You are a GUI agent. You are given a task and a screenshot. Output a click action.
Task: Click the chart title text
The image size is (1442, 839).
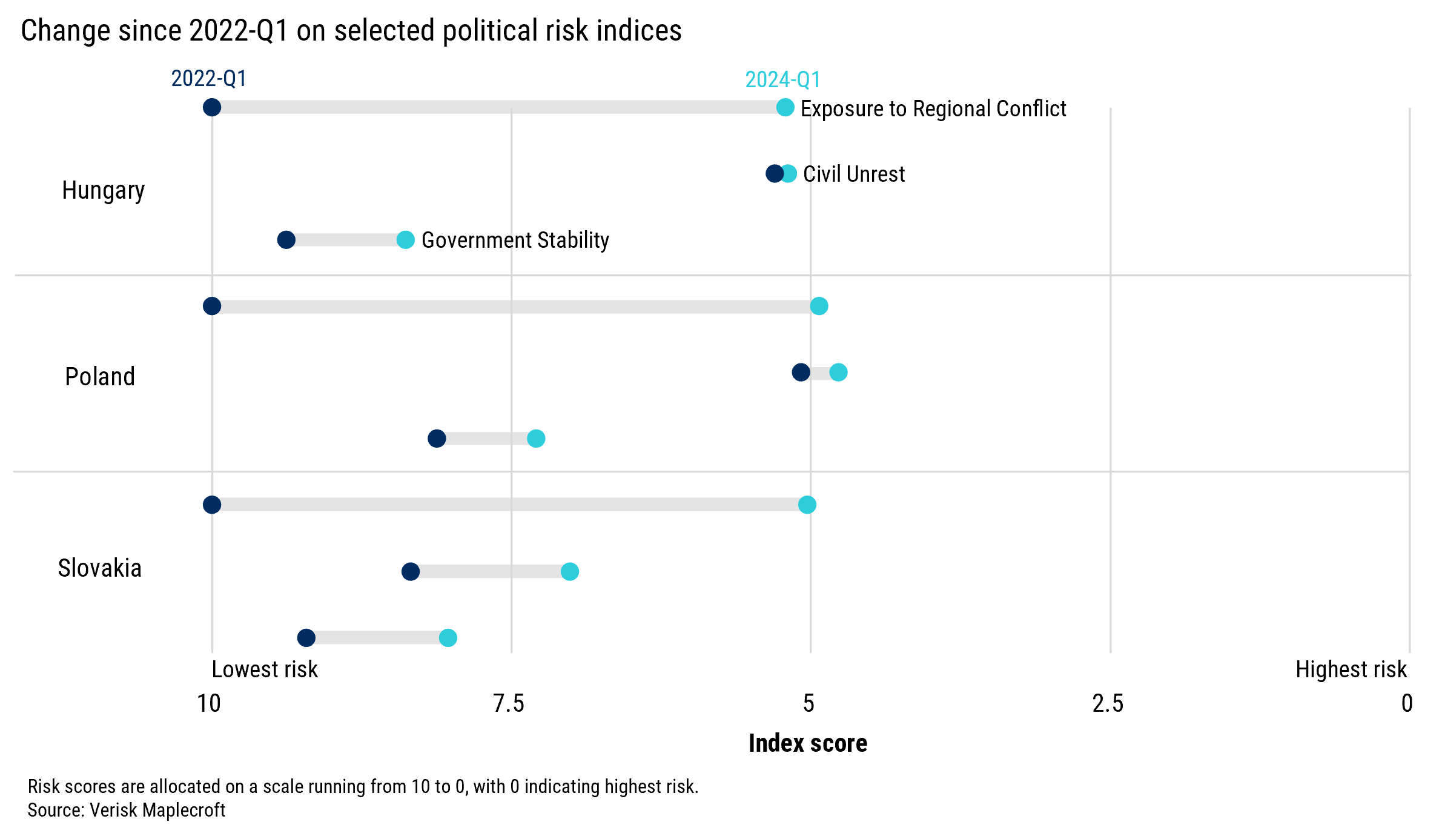click(351, 30)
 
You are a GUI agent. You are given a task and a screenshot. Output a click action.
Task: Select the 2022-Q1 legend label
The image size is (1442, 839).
click(208, 78)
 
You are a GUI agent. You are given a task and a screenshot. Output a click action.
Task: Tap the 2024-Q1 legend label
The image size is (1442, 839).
click(782, 79)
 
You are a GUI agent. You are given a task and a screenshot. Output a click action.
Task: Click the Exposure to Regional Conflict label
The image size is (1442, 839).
click(933, 109)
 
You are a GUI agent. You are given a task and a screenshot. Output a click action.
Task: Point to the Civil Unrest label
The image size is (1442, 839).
click(853, 174)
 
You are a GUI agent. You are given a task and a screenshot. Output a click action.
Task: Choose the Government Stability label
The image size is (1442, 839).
click(515, 240)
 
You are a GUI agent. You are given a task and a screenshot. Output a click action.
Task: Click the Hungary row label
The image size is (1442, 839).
click(103, 190)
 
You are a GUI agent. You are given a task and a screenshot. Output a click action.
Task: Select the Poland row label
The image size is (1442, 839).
click(100, 377)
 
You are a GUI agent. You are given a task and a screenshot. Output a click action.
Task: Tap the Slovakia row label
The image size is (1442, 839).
click(99, 568)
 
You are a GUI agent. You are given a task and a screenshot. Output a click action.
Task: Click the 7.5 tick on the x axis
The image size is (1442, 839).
click(509, 704)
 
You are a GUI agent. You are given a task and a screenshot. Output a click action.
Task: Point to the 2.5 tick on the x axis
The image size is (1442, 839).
click(1108, 704)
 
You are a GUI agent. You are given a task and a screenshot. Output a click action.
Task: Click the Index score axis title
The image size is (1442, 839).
click(807, 743)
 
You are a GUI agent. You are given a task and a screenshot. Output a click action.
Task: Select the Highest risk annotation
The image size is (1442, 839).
click(1351, 669)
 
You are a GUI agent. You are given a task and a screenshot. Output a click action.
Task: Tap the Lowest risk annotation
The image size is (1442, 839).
click(264, 669)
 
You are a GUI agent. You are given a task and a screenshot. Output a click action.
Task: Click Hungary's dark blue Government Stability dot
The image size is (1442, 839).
click(286, 240)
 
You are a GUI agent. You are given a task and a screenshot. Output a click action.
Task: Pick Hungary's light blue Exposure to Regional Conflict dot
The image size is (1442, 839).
click(785, 108)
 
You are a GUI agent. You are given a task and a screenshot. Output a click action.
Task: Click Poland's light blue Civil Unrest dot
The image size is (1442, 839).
click(838, 372)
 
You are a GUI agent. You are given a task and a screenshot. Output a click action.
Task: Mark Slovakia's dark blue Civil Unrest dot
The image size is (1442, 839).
click(411, 571)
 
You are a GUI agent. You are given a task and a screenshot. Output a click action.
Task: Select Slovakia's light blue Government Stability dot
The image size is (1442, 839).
click(448, 638)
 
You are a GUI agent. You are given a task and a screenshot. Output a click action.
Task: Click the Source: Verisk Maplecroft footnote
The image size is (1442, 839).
click(127, 810)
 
